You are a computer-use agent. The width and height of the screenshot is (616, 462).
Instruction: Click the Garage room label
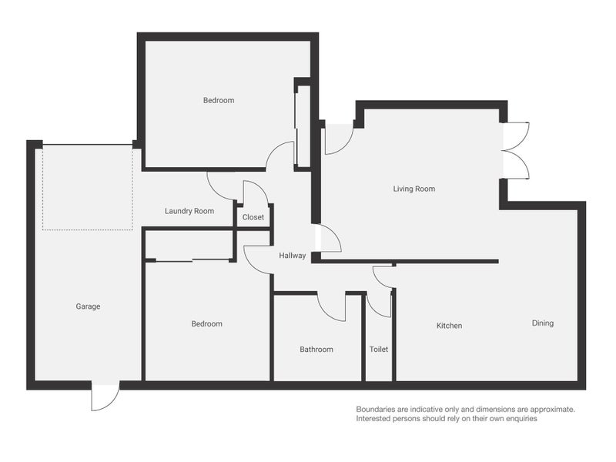coord(88,306)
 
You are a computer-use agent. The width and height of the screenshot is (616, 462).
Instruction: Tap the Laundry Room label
coord(189,211)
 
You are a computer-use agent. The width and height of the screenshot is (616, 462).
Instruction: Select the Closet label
coord(253,218)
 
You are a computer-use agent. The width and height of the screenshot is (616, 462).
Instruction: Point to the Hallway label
coord(293,256)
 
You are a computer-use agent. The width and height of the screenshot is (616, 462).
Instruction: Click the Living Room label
coord(415,189)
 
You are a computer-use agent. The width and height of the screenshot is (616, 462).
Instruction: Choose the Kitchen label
coord(450,326)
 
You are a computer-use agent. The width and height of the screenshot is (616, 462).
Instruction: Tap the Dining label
coord(543,323)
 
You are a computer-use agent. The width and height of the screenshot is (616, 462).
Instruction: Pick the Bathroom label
coord(316,350)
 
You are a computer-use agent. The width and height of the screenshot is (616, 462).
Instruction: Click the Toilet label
coord(379,350)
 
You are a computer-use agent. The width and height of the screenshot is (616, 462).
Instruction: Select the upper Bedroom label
coord(219,100)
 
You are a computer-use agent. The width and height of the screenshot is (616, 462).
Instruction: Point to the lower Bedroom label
coord(206,324)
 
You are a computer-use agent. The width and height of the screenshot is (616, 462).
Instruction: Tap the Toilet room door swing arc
coord(379,306)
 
